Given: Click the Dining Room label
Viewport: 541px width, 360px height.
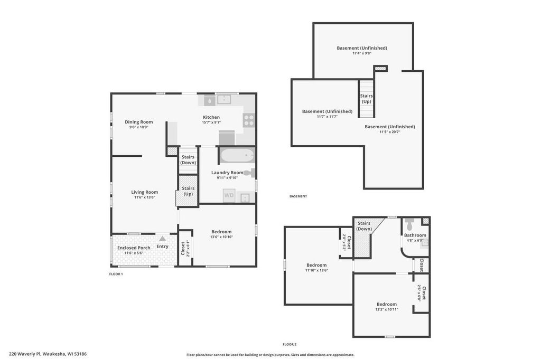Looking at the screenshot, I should click(x=139, y=122).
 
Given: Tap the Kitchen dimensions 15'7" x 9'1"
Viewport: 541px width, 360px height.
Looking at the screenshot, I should click(x=211, y=122).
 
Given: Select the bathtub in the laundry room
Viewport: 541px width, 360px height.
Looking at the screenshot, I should click(x=237, y=156).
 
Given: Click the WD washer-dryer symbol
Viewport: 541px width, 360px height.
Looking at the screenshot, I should click(x=229, y=195).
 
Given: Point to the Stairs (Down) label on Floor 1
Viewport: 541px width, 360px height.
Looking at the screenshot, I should click(x=188, y=160).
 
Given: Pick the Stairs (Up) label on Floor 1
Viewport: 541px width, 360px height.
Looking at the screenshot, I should click(x=188, y=191).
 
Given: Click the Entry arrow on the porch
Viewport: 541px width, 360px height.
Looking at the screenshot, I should click(x=163, y=239).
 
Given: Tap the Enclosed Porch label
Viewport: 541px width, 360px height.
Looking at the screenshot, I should click(x=134, y=248).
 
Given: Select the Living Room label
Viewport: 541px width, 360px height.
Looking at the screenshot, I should click(x=145, y=192).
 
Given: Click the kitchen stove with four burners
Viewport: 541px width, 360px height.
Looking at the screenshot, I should click(x=249, y=120).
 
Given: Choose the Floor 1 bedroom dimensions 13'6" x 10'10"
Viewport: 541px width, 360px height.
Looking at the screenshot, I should click(x=221, y=237).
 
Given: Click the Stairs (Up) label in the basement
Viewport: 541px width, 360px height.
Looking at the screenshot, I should click(x=367, y=99).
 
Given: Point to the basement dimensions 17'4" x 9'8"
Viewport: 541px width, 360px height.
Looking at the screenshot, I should click(x=362, y=53).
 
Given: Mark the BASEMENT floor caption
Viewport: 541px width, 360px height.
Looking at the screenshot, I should click(x=298, y=196).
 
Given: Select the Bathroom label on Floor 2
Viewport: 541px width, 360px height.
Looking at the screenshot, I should click(x=415, y=235).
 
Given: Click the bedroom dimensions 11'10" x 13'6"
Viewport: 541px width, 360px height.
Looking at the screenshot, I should click(x=316, y=270).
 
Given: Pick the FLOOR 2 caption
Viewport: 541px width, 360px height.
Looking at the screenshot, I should click(x=290, y=344).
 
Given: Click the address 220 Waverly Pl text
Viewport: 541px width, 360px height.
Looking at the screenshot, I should click(x=48, y=354).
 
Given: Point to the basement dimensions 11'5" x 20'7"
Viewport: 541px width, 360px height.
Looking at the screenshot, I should click(x=390, y=131).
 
